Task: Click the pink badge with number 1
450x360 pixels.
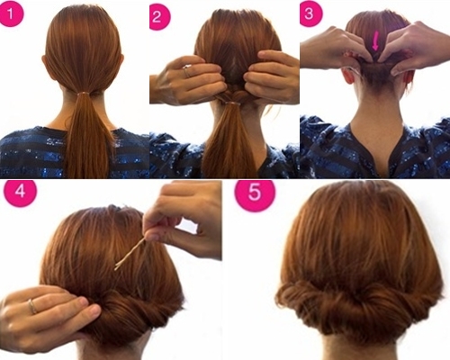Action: pyautogui.click(x=11, y=13)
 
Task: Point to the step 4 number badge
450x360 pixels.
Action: pyautogui.click(x=20, y=192)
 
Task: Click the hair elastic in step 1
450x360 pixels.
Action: pyautogui.click(x=85, y=94)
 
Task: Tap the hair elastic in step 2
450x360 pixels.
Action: pyautogui.click(x=232, y=103)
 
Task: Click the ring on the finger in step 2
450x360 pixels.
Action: pyautogui.click(x=186, y=71)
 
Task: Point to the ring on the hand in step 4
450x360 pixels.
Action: pyautogui.click(x=32, y=306)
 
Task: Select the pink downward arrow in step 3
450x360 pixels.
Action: pyautogui.click(x=375, y=42)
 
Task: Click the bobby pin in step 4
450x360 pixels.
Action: pyautogui.click(x=130, y=254)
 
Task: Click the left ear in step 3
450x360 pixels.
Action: pyautogui.click(x=348, y=74)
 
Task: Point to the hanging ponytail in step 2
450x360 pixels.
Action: pyautogui.click(x=229, y=141)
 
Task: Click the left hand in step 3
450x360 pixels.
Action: pyautogui.click(x=335, y=48)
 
